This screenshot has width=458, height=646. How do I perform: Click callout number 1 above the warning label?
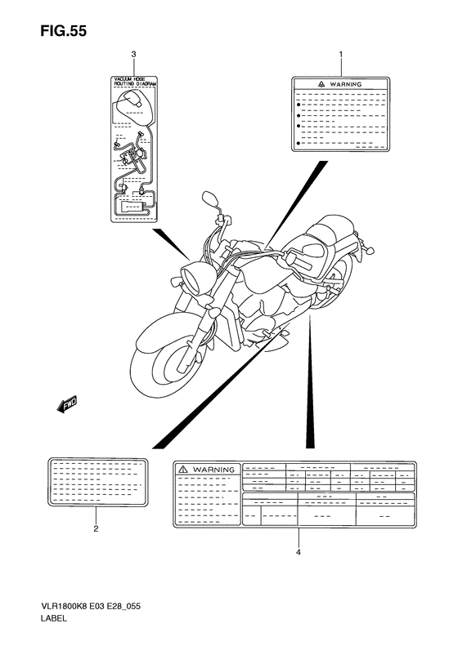[341, 54]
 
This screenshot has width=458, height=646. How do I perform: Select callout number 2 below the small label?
[96, 528]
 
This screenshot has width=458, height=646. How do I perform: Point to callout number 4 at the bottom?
[298, 552]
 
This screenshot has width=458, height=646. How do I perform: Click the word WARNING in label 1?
[347, 84]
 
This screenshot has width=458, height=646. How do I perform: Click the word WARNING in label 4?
[213, 470]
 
